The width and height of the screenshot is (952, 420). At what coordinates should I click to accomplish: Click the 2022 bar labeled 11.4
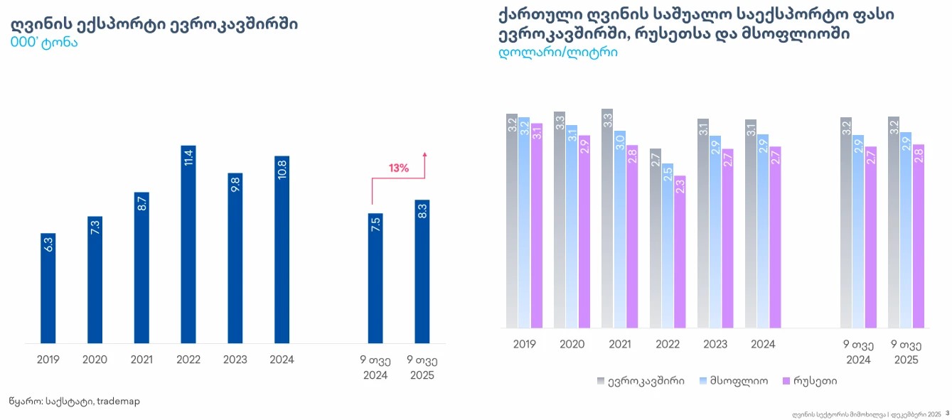[x=188, y=245]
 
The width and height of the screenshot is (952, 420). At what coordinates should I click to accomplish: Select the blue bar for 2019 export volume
[x=48, y=289]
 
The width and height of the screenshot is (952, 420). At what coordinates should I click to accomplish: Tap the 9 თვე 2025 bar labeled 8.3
[x=422, y=271]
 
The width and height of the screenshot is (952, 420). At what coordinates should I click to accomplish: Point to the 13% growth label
[x=398, y=168]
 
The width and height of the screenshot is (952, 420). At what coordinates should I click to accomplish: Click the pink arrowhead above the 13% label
[x=424, y=154]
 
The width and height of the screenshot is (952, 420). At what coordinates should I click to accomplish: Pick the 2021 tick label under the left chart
[x=141, y=360]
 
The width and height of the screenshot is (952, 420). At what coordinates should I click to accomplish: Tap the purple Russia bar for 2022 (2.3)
[x=680, y=252]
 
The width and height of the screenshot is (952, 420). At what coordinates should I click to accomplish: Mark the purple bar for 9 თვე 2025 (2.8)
[x=918, y=236]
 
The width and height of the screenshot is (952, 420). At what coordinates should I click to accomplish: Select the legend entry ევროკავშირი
[x=641, y=381]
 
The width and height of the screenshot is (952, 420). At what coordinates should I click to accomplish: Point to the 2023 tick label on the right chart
[x=715, y=344]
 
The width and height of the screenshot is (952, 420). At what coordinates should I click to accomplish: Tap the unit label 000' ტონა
[x=44, y=42]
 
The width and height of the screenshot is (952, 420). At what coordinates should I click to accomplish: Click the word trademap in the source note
[x=118, y=402]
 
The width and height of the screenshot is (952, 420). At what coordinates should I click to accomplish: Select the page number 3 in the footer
[x=947, y=413]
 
